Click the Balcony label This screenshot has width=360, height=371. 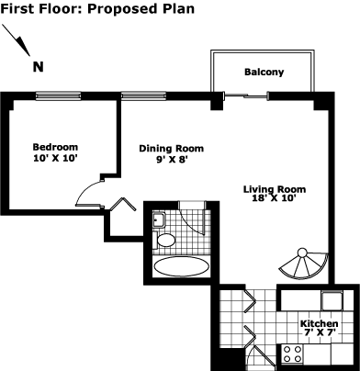tap(264, 73)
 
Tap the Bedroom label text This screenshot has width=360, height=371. tap(55, 147)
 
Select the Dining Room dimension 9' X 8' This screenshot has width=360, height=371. tap(172, 160)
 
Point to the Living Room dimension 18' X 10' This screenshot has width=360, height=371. tap(274, 198)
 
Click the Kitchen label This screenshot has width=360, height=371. tap(320, 323)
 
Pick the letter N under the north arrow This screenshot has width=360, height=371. tap(39, 67)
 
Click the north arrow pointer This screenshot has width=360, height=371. tap(17, 40)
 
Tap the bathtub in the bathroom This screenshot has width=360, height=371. tap(181, 266)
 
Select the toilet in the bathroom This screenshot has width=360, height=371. tap(163, 240)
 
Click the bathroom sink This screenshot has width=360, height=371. tap(159, 219)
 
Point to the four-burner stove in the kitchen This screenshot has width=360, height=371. tap(292, 354)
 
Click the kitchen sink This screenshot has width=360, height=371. tap(332, 301)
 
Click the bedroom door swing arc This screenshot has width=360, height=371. tap(86, 189)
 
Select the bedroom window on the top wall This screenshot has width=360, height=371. tap(58, 96)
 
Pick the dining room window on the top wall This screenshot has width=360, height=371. tap(144, 96)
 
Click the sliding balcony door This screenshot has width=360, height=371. tap(246, 96)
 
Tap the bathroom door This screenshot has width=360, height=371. tap(194, 219)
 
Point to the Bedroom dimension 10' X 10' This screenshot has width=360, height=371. tap(55, 158)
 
